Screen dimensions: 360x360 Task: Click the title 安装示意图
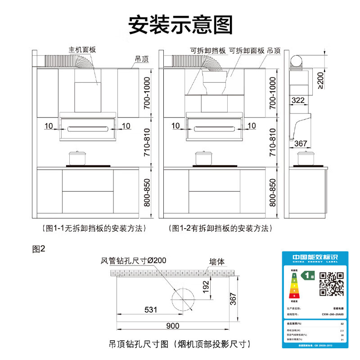tap(180, 25)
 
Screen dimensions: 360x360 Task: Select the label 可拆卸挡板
tap(207, 50)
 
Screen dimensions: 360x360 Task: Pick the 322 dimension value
tap(298, 99)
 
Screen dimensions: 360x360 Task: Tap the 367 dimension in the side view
tap(301, 144)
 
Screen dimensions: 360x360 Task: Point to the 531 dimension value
tap(151, 310)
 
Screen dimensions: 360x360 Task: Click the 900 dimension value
tap(173, 326)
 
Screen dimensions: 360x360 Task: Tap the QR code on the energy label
tap(332, 283)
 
